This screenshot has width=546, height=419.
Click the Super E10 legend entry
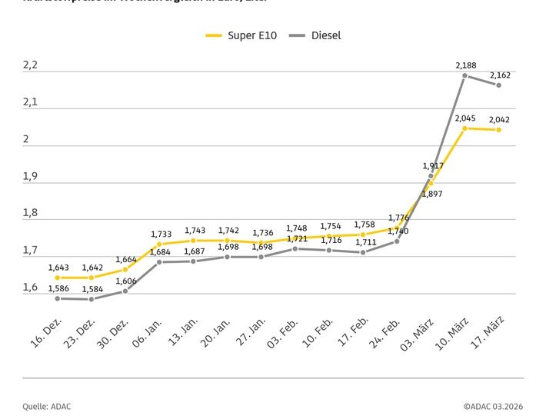241,35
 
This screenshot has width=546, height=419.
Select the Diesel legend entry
316,35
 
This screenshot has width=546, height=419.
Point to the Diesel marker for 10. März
465,75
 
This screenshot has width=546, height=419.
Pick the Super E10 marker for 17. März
499,130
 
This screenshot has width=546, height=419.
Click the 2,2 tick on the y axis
30,65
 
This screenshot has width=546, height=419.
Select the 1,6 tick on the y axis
30,288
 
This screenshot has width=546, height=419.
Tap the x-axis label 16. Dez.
47,331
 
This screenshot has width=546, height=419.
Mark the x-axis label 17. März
488,331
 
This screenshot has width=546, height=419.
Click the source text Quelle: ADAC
46,406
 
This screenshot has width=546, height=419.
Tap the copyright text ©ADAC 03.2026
493,406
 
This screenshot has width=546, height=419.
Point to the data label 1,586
58,288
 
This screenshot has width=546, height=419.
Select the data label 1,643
58,268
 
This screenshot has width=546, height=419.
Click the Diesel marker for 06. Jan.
159,262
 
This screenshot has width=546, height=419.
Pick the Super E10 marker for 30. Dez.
125,270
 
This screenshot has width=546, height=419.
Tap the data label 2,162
500,75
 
